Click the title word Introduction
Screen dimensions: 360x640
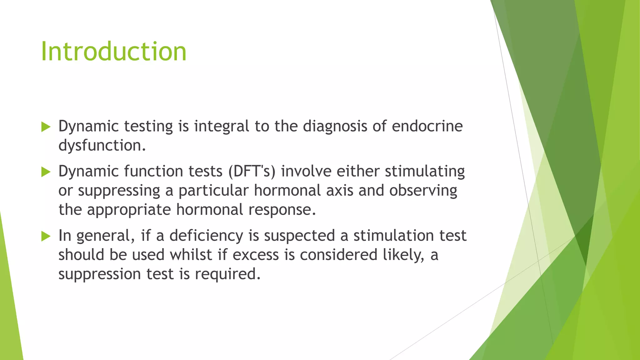[x=114, y=51]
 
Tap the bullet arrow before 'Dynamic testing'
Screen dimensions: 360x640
[x=46, y=127]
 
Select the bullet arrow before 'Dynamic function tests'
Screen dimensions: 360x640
[x=46, y=172]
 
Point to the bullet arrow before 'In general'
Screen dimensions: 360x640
[x=46, y=236]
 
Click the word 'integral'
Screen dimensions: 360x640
[x=222, y=127]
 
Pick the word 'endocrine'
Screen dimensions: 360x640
[x=427, y=127]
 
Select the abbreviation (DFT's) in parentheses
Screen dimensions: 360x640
[x=252, y=172]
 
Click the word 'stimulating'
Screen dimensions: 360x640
[x=425, y=172]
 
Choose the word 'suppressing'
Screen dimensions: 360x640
[x=119, y=191]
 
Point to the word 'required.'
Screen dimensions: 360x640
[x=228, y=274]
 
